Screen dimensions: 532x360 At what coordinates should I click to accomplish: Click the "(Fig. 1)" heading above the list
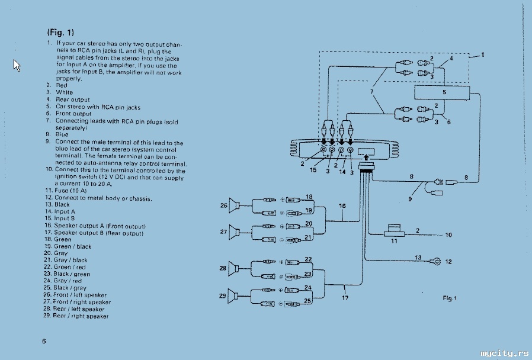tap(60, 33)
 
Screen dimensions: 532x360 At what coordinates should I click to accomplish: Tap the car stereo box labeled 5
tap(442, 92)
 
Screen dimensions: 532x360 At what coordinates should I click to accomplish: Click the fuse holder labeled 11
tap(394, 230)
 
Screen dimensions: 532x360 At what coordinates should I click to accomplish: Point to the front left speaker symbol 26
tap(234, 205)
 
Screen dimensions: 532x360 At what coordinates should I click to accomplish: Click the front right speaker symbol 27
tap(234, 232)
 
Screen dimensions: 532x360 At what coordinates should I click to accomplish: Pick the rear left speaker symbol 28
tap(234, 269)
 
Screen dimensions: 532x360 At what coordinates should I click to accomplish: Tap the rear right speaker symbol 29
tap(233, 296)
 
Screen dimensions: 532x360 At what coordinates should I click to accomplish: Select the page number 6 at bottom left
tap(44, 341)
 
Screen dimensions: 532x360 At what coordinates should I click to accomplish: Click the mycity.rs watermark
tap(505, 353)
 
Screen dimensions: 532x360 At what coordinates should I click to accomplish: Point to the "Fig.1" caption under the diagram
tap(450, 298)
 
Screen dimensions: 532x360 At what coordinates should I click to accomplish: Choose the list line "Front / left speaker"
tap(80, 295)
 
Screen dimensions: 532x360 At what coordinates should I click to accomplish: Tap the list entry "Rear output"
tap(73, 99)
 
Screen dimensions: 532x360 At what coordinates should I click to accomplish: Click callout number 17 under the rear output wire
tap(345, 298)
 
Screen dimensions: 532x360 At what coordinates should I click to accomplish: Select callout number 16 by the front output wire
tap(342, 206)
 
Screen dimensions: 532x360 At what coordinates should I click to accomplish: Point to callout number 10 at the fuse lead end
tap(448, 235)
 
